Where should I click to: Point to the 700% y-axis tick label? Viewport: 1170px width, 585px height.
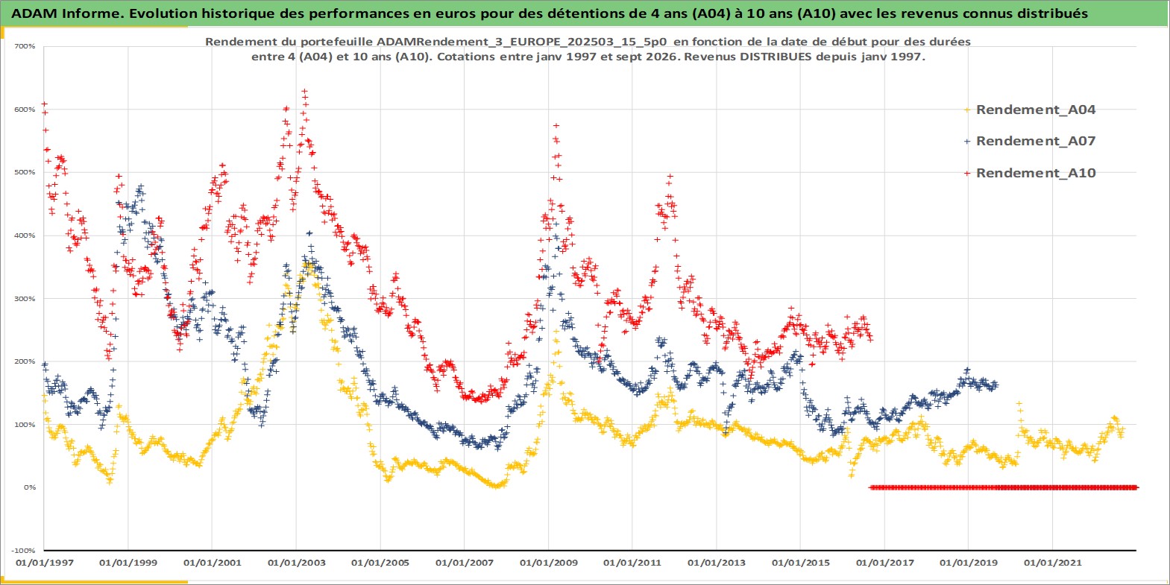pos(25,46)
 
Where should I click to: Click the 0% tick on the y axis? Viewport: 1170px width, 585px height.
pos(30,487)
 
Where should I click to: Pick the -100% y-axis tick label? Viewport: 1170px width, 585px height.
pos(23,551)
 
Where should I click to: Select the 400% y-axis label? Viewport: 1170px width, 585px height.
pos(25,235)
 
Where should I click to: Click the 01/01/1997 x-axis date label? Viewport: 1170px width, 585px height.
pos(45,563)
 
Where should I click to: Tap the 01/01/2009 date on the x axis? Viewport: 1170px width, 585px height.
pos(548,563)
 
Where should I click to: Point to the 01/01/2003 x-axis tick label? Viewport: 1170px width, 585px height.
pos(296,563)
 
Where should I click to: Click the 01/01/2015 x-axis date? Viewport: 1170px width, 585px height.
pos(800,563)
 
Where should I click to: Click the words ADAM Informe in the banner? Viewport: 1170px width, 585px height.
pos(67,13)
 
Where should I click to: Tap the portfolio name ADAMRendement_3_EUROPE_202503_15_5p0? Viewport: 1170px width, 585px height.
pos(521,42)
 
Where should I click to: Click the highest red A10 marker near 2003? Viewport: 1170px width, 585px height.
pos(304,92)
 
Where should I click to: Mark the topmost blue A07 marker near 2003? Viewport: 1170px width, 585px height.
pos(309,233)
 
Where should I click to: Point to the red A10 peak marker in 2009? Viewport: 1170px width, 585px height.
pos(556,126)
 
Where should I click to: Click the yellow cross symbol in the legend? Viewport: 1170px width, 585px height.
pos(967,110)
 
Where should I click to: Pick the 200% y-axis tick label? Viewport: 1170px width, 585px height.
pos(25,361)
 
